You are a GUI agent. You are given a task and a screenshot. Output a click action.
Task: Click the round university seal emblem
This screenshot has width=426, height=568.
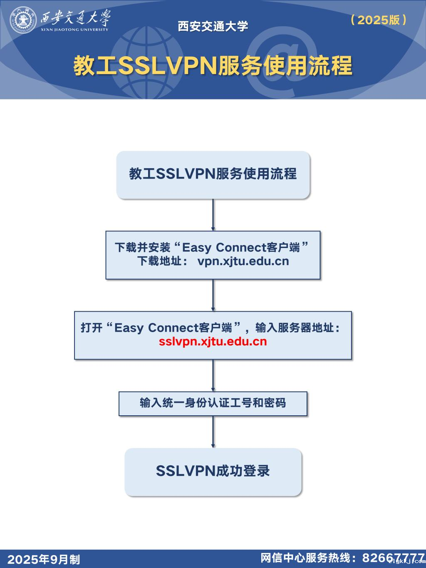(23, 20)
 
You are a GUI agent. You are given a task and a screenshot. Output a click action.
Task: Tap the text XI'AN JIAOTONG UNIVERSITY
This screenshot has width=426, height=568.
(74, 30)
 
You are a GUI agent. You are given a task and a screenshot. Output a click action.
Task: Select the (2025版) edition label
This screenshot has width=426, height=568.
(379, 20)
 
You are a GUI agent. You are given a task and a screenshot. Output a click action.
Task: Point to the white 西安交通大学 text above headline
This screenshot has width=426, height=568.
(213, 26)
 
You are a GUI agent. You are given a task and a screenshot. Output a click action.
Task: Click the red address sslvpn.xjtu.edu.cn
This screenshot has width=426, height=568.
(213, 341)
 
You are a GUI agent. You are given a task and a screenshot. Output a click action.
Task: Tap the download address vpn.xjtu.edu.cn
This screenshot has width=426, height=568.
(243, 261)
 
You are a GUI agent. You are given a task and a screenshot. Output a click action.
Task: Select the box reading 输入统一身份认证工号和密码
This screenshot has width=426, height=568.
(213, 404)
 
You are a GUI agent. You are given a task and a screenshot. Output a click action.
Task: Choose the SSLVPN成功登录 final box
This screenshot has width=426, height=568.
(213, 472)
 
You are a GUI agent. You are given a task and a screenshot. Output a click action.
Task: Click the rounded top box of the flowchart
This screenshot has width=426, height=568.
(213, 175)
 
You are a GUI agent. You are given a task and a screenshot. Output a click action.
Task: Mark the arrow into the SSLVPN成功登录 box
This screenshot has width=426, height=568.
(213, 432)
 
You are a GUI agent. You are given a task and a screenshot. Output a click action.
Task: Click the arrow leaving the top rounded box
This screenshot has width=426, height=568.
(213, 215)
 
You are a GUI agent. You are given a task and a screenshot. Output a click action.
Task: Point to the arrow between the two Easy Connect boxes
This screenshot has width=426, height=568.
(213, 295)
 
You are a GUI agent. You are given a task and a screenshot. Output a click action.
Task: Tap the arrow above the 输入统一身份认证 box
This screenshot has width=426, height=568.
(213, 375)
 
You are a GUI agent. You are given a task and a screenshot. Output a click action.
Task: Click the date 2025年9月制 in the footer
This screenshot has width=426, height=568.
(43, 559)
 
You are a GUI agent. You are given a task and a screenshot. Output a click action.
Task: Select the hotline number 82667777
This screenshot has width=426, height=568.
(394, 558)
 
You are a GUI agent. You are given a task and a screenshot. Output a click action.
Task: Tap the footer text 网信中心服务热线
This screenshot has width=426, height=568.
(305, 558)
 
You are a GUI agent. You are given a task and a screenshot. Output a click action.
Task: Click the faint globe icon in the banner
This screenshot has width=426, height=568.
(147, 62)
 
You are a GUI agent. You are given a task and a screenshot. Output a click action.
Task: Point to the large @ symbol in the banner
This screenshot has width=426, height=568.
(282, 62)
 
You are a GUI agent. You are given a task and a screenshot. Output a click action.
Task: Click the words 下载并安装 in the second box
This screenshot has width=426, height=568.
(143, 248)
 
